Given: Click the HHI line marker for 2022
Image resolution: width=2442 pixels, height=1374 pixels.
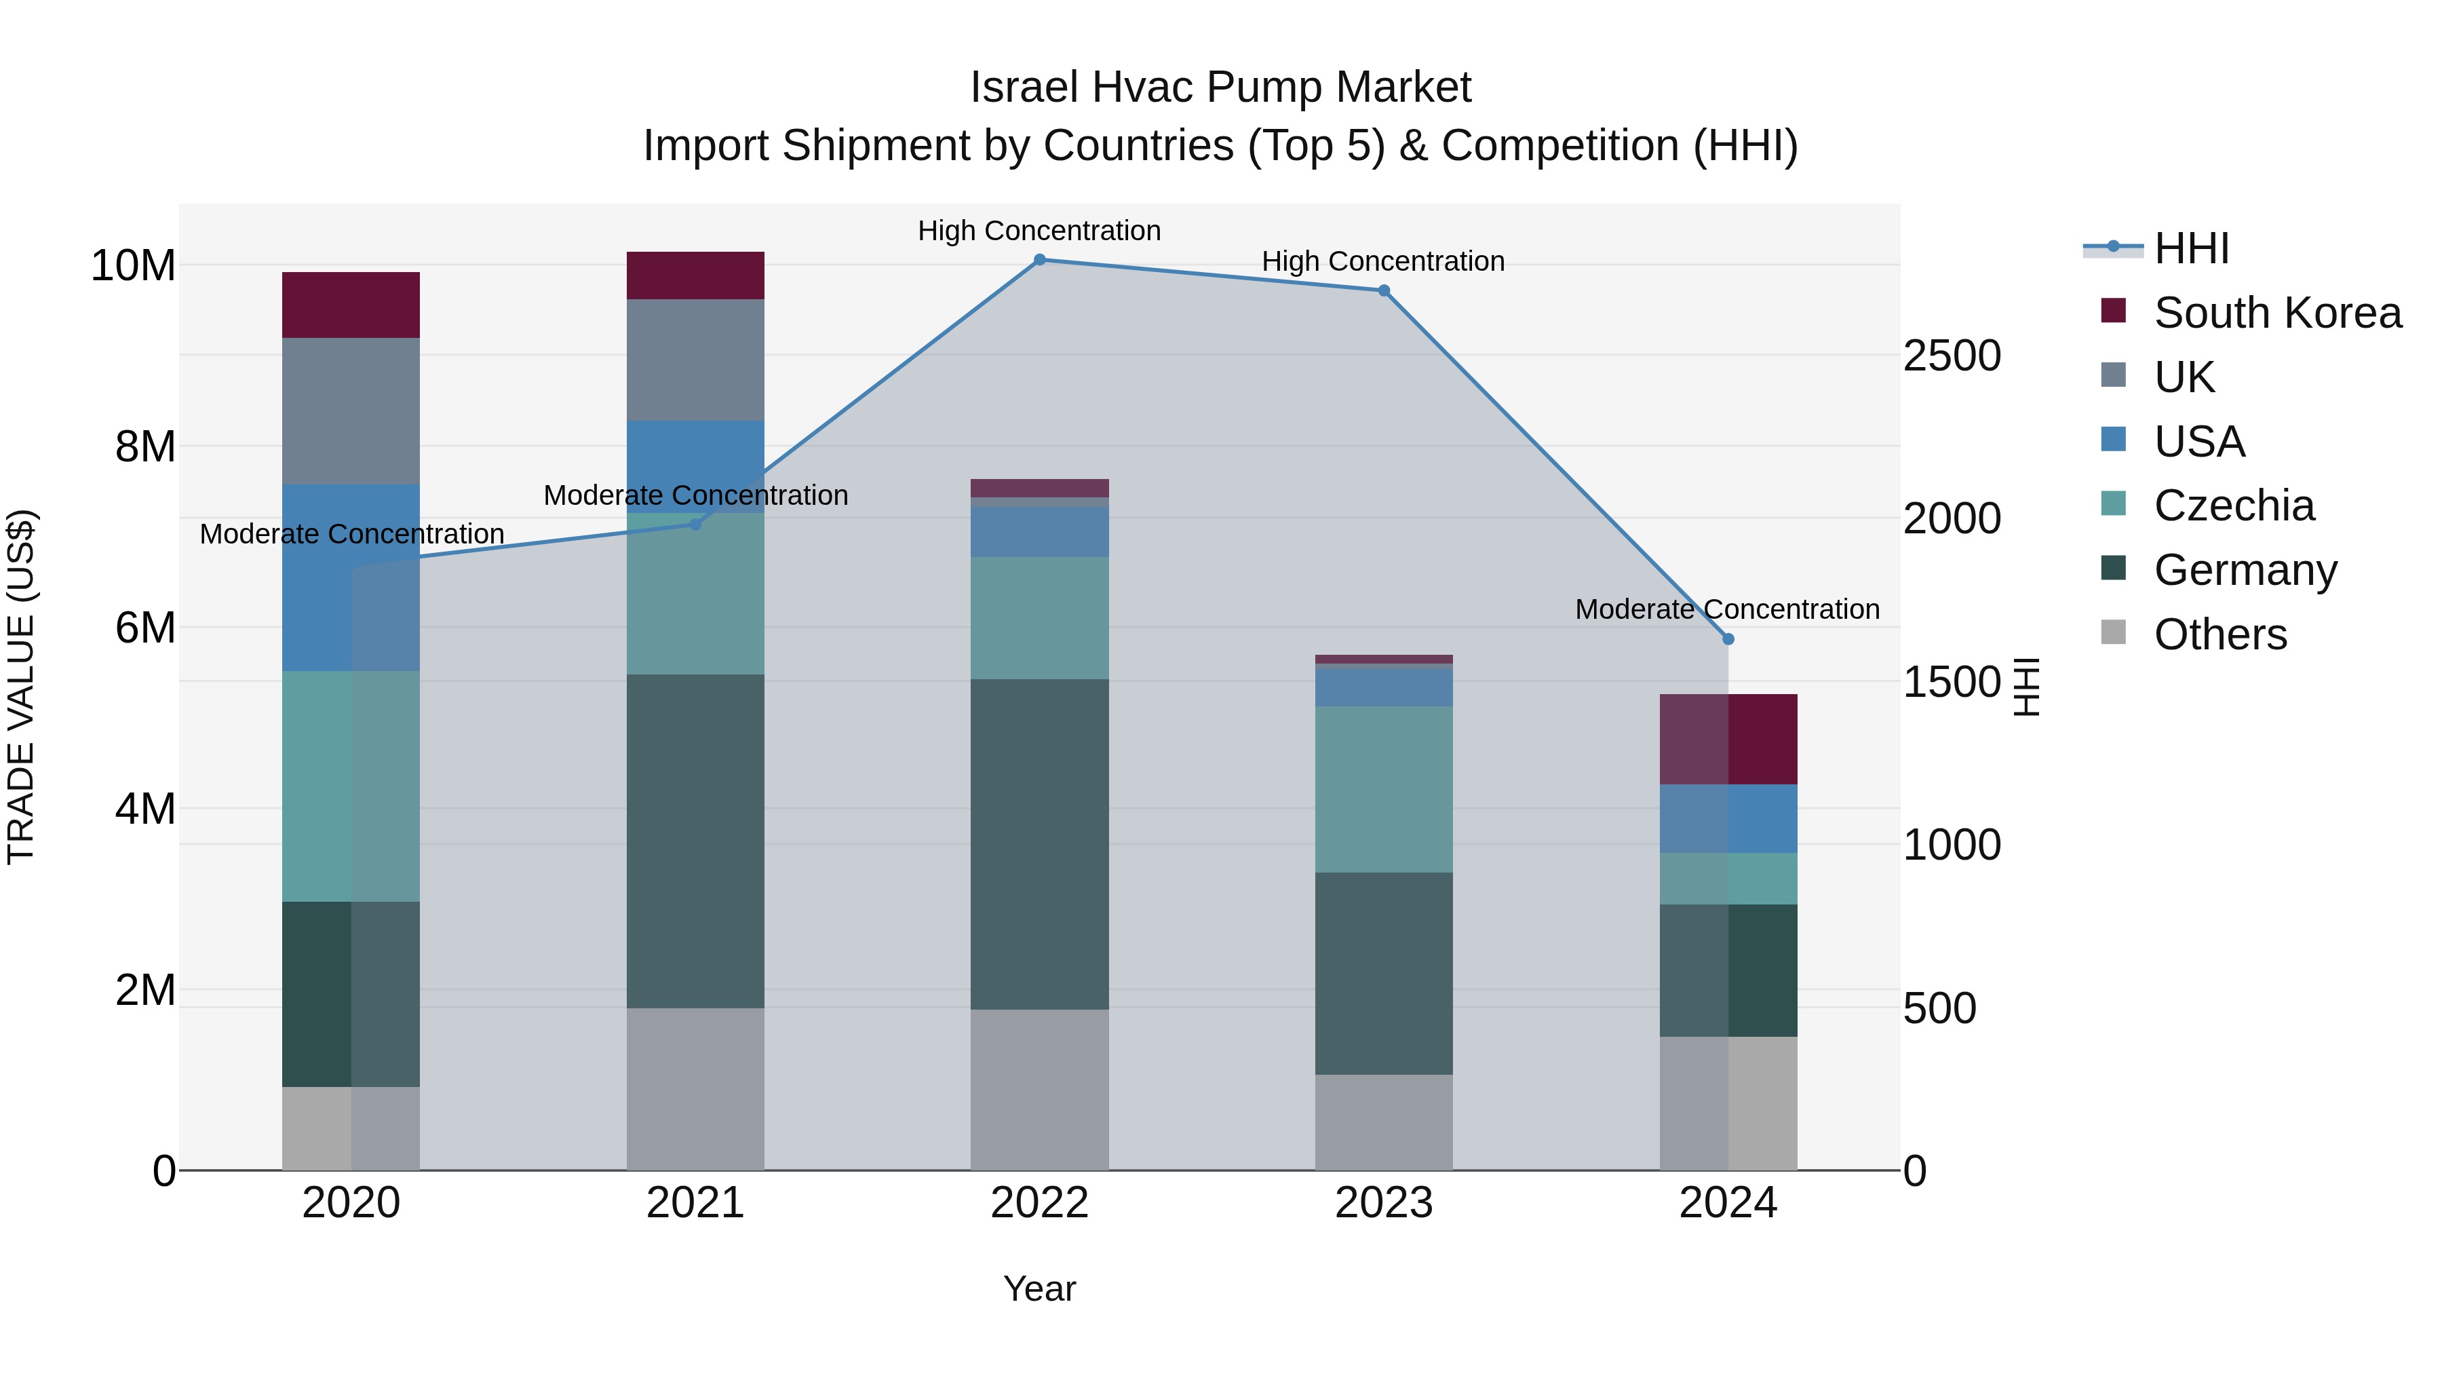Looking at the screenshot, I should (1039, 260).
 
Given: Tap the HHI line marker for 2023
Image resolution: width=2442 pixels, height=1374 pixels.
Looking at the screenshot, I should (1383, 291).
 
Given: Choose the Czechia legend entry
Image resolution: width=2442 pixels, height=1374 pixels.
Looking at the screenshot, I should (2234, 505).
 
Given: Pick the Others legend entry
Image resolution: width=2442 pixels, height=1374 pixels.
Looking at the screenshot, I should (2220, 634).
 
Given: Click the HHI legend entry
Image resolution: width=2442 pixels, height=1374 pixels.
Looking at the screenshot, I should (2191, 248).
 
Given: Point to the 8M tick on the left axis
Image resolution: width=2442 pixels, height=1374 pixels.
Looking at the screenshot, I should (145, 446).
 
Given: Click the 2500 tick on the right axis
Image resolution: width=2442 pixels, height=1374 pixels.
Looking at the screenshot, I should (1952, 356).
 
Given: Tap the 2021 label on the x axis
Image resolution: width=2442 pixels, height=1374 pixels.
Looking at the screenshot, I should (695, 1203).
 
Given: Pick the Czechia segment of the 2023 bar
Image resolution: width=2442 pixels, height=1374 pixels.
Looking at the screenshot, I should (1383, 789).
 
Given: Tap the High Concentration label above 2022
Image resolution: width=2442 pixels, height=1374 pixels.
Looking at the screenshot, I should (1039, 231).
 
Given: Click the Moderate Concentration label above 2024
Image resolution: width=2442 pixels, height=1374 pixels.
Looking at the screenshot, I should (1726, 609).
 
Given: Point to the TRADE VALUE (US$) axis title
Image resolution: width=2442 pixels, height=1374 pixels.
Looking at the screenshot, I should (22, 687).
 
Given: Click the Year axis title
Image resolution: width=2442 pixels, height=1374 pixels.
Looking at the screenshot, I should (1039, 1289).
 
